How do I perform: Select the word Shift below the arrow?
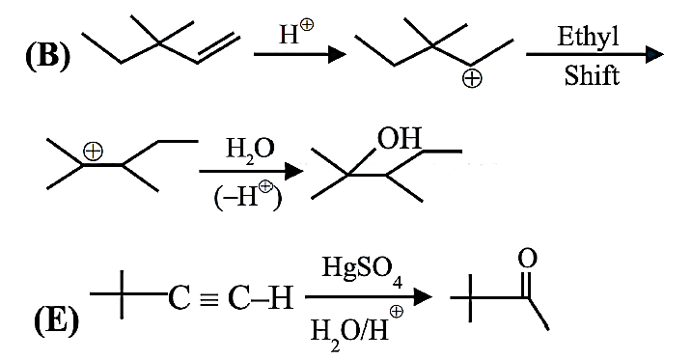click(x=592, y=75)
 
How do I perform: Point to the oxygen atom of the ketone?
click(x=527, y=258)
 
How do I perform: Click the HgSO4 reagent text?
click(x=362, y=269)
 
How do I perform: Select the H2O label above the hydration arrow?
click(x=250, y=151)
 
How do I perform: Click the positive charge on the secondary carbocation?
click(x=472, y=79)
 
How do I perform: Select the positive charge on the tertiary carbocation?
click(x=93, y=152)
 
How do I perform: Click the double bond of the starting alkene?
click(x=218, y=47)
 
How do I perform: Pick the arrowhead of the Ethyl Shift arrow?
click(x=654, y=55)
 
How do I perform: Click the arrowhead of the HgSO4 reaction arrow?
click(x=423, y=296)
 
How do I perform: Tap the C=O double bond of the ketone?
click(x=527, y=284)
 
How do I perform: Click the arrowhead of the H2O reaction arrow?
click(x=293, y=171)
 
